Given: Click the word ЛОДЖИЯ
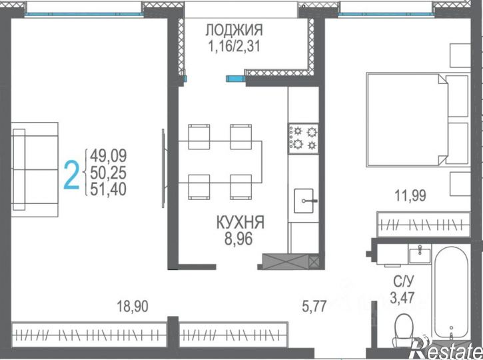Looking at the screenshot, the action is coord(234,30).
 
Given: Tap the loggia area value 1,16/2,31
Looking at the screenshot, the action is coord(234,47).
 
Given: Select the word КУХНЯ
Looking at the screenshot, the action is coord(241,222).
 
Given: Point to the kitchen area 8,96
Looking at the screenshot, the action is coord(239,239).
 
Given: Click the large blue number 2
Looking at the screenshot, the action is coord(71,176).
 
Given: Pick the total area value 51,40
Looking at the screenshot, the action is coord(109,189).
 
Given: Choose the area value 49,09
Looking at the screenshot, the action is coord(109,155).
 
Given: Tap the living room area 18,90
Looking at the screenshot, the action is coord(133,307).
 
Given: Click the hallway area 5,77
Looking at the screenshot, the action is coord(314,307).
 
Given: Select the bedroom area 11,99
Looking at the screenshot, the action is coord(410,195).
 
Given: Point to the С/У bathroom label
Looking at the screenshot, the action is coord(404,281).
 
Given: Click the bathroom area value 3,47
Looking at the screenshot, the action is coord(402,298).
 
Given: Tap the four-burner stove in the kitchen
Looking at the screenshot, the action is coord(303,139).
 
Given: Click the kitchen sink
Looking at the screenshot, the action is coord(304,201).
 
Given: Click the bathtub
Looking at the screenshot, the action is coord(451,294).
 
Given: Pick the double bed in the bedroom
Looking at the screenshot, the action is coord(418,119).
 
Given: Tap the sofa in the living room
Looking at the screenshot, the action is coord(35,169).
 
